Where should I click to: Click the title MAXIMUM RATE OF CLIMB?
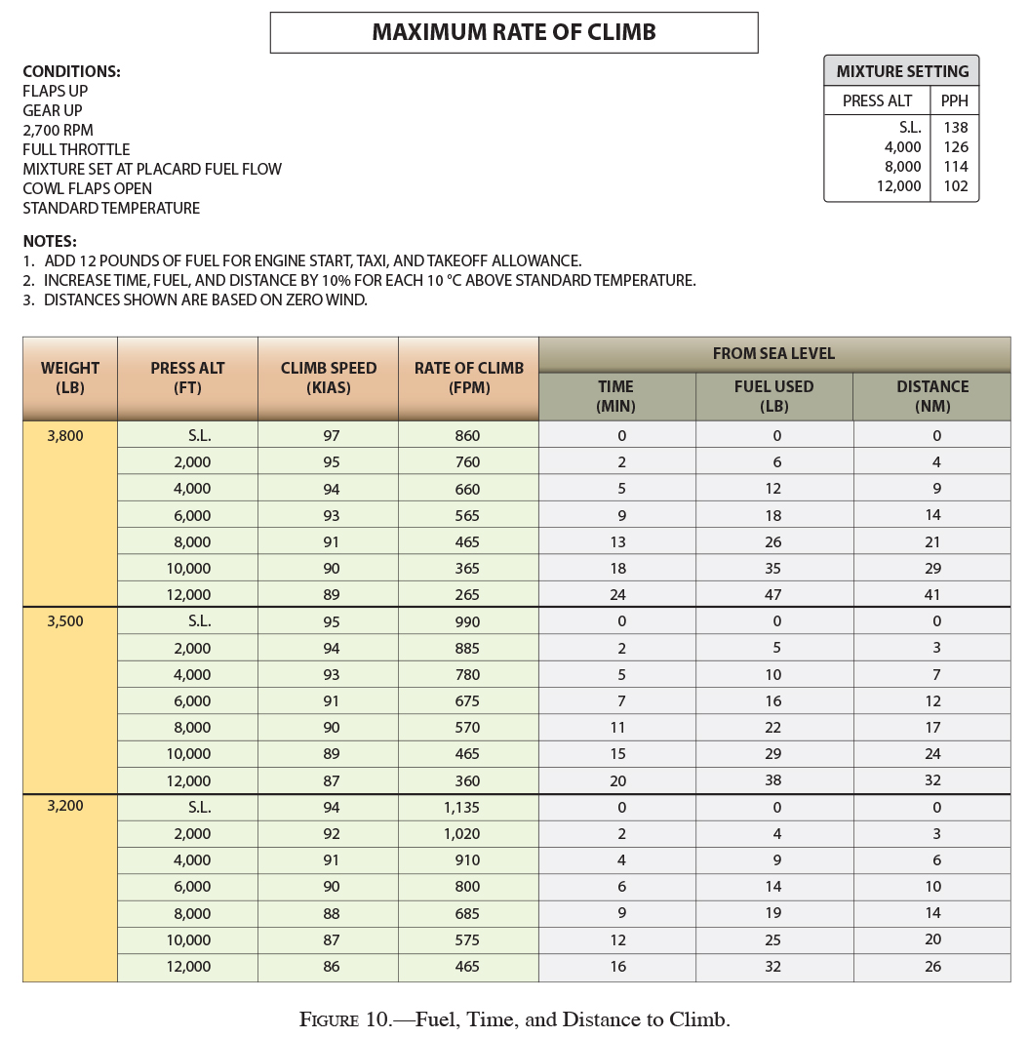tap(514, 32)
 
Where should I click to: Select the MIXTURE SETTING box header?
tap(902, 71)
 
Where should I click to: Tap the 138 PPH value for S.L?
tap(955, 128)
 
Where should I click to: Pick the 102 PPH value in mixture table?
tap(955, 186)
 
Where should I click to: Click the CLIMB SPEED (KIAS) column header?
tap(329, 378)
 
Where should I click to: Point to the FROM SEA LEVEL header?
tap(773, 353)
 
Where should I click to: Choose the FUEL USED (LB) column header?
tap(773, 395)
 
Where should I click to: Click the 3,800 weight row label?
tap(65, 436)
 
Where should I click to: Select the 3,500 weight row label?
tap(65, 621)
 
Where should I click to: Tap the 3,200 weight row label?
tap(65, 808)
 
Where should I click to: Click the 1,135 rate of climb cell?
tap(467, 808)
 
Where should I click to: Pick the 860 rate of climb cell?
tap(467, 436)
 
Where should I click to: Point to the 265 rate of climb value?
tap(467, 595)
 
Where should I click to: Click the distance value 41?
tap(932, 595)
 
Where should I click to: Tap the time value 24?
tap(616, 595)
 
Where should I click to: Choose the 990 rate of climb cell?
tap(467, 621)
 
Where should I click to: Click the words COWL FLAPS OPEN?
tap(87, 188)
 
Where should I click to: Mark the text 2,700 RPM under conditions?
tap(59, 130)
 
